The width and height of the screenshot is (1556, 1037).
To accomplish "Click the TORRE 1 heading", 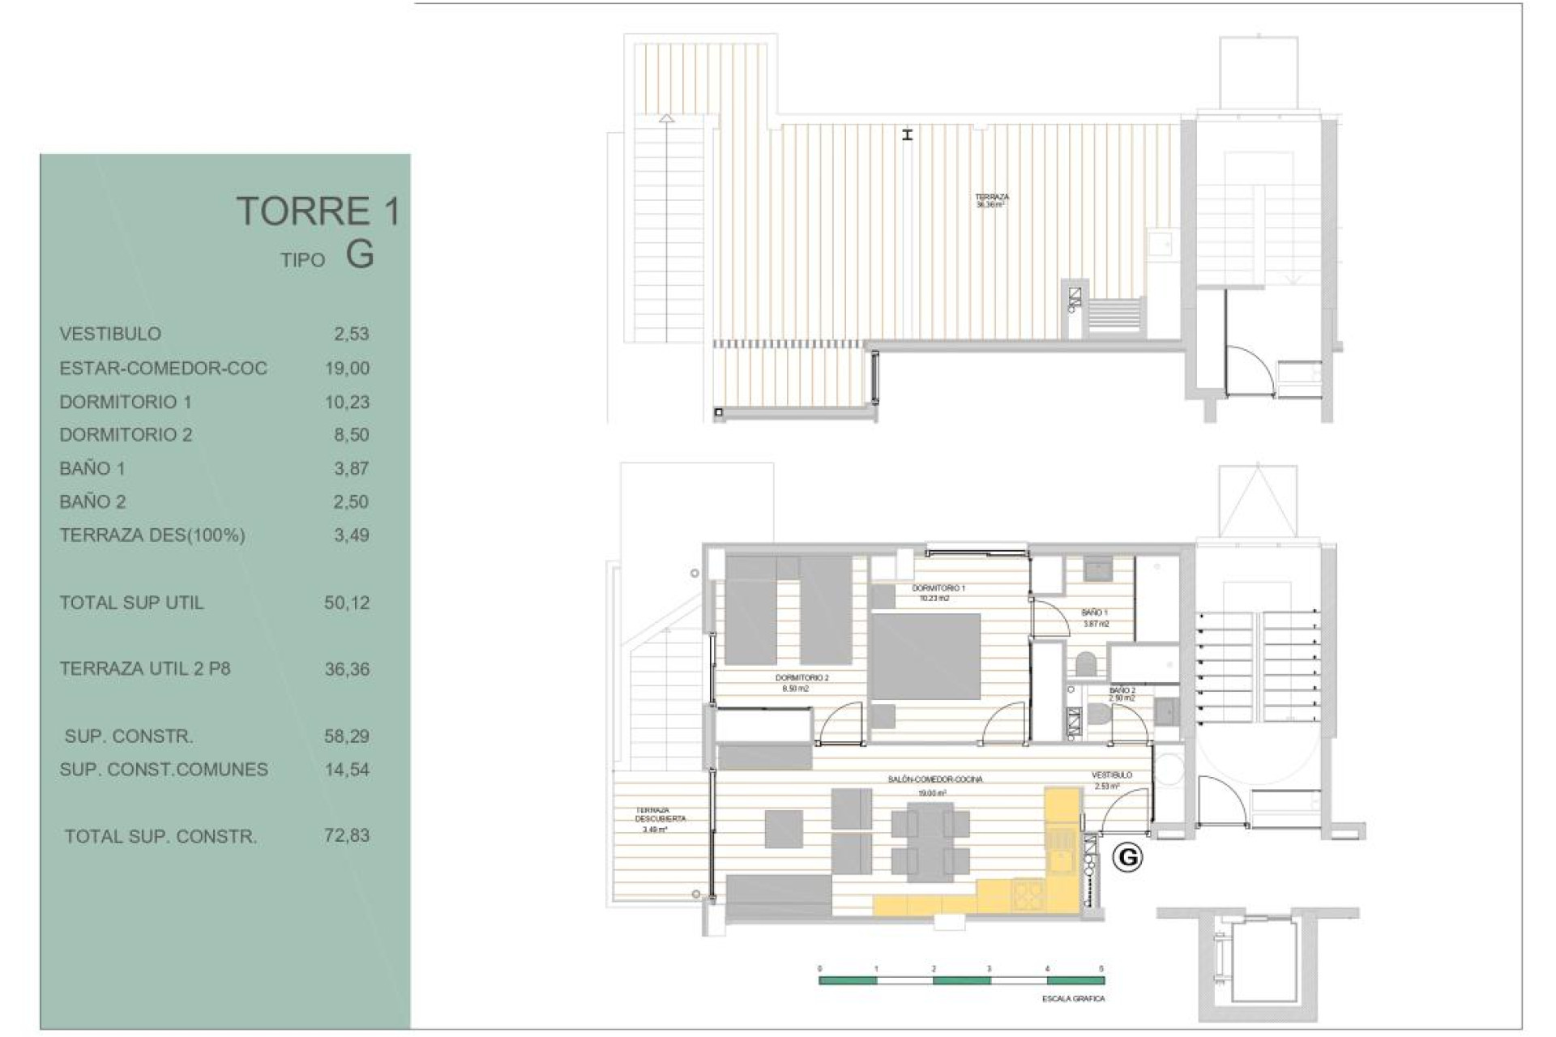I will tap(318, 211).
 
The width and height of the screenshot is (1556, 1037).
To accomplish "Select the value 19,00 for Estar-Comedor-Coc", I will tap(347, 369).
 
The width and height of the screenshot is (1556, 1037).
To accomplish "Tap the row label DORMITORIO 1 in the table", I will tap(126, 402).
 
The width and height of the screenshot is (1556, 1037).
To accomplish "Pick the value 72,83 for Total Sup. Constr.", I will tap(347, 835).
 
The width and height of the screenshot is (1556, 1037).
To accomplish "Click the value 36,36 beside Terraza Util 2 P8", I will tap(347, 669).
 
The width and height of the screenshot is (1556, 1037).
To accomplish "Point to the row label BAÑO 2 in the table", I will tap(92, 501).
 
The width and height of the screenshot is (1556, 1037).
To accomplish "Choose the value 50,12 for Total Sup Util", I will tap(347, 603).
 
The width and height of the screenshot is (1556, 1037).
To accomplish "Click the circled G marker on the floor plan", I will tap(1127, 856).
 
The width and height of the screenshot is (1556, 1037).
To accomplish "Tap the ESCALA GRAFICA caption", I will tap(1073, 999).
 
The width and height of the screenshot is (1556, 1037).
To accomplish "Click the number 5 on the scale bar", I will tap(1101, 969).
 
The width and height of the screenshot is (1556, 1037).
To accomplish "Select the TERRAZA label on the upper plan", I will tap(992, 197).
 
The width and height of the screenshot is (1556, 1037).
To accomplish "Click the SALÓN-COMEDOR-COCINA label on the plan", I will tap(935, 779).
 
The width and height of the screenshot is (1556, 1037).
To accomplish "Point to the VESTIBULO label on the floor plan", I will tap(1111, 775).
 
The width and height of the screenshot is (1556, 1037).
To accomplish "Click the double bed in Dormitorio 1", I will tap(925, 656).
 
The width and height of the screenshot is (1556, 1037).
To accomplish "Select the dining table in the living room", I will tap(930, 842).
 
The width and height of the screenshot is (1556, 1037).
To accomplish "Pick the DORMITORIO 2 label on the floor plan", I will tap(802, 677).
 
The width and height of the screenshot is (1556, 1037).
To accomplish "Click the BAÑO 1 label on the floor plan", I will tap(1094, 613).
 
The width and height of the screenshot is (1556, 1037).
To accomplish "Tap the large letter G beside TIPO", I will tap(360, 254).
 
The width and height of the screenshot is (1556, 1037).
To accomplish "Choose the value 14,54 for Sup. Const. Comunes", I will tap(347, 770).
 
